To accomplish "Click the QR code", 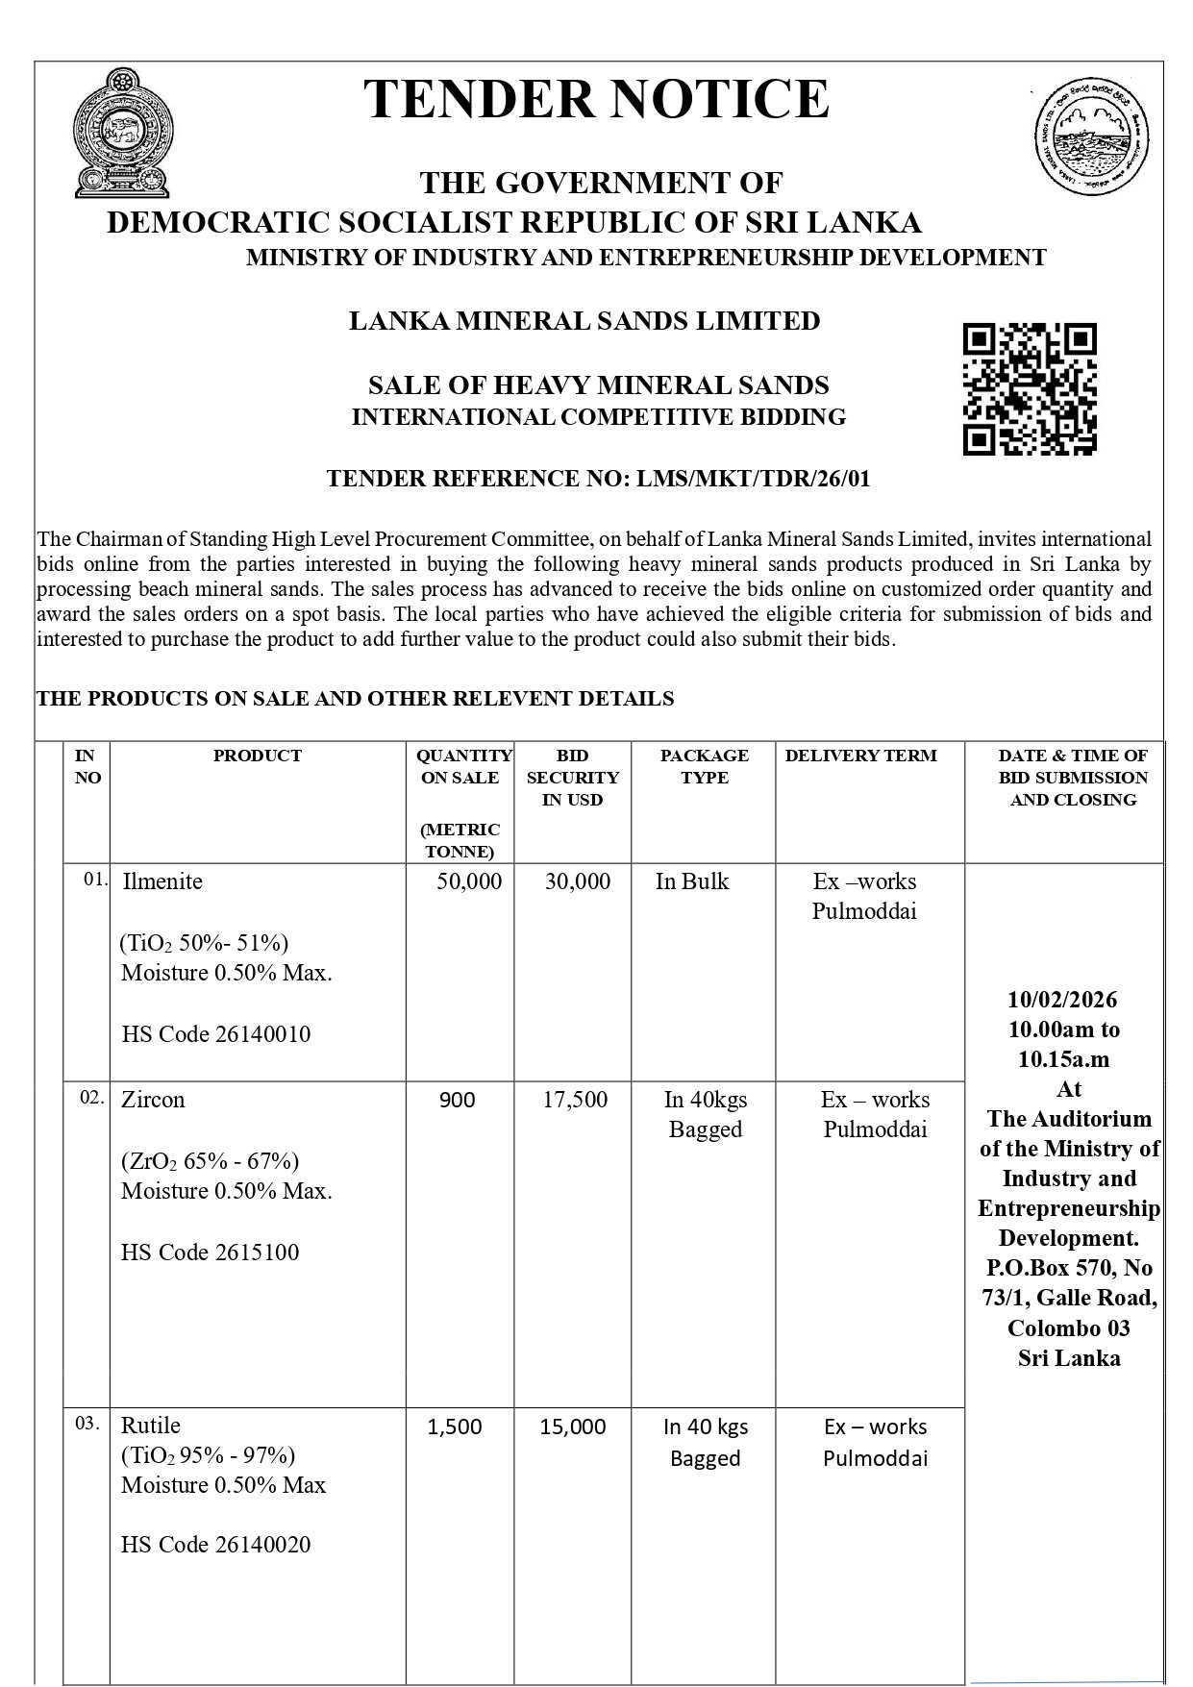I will click(x=1029, y=388).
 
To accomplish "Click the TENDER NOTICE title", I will click(x=596, y=99).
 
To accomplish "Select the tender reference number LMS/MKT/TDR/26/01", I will click(x=753, y=478).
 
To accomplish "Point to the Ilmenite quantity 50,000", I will click(x=469, y=881).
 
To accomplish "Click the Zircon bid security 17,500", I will click(x=575, y=1100).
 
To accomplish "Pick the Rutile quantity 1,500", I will click(x=455, y=1427).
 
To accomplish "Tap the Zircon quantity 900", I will click(x=458, y=1100).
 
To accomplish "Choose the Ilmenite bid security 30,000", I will click(x=578, y=881).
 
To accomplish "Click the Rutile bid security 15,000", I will click(x=573, y=1427).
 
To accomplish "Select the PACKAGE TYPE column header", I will click(x=704, y=766).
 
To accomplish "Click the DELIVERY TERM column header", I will click(x=860, y=756).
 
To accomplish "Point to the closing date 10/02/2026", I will click(x=1062, y=1000).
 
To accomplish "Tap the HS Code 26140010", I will click(x=216, y=1034).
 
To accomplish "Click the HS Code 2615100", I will click(x=211, y=1253).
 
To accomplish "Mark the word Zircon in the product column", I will click(x=153, y=1100).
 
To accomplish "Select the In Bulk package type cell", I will click(x=692, y=881).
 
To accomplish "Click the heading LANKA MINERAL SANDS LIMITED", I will click(x=584, y=321).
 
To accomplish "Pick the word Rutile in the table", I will click(x=151, y=1425).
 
